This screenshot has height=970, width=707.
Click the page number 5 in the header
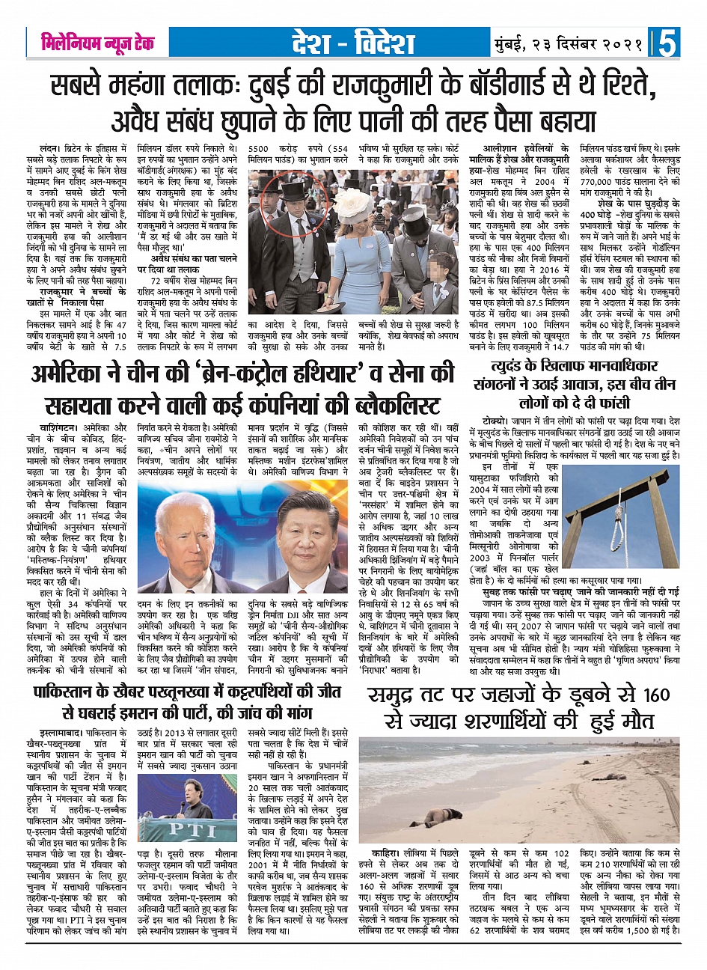(x=667, y=43)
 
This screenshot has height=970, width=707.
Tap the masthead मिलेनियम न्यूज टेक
(x=98, y=43)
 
